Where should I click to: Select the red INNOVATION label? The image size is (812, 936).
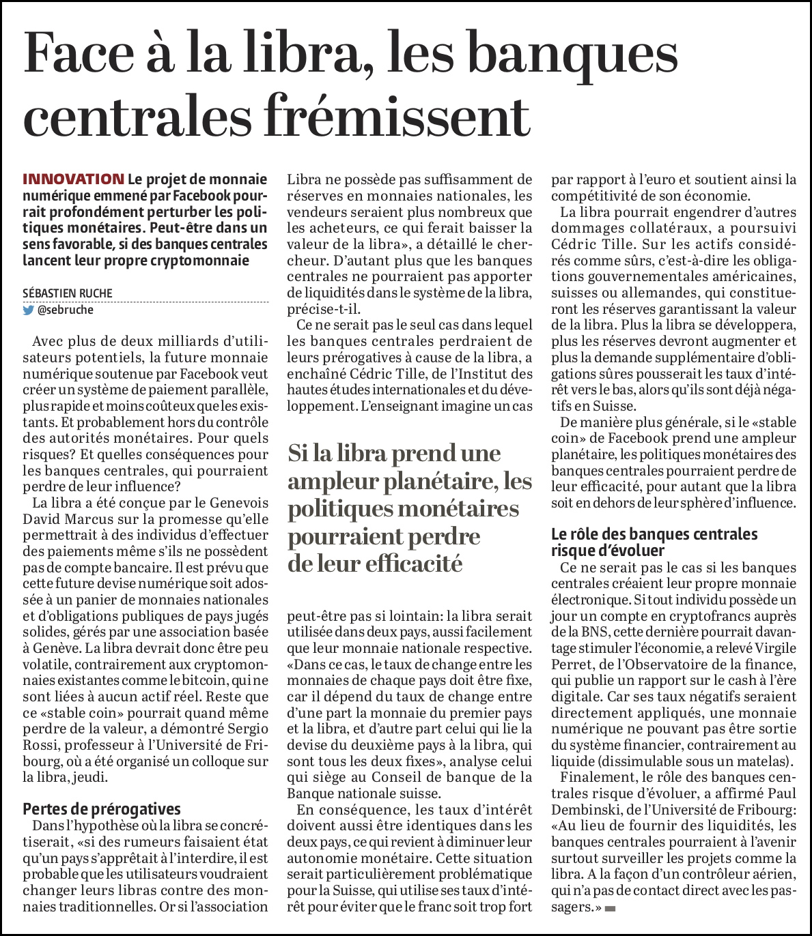pos(73,179)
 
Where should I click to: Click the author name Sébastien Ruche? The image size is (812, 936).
pos(68,293)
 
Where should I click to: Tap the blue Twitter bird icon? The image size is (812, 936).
pos(29,310)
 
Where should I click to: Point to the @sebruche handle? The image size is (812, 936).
pos(66,310)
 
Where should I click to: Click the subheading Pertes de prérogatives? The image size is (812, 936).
pos(102,809)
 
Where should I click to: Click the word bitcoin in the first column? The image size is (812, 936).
pos(204,680)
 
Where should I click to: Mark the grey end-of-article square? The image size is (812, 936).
pos(610,908)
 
